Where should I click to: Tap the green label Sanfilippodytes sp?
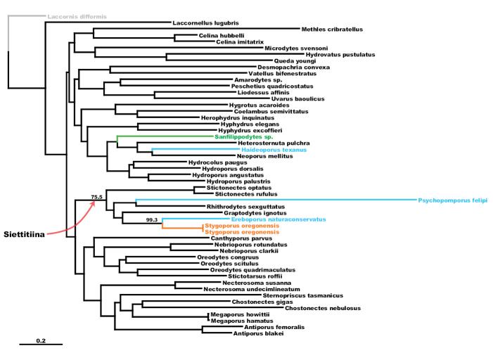tap(244, 137)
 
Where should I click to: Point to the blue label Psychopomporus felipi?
tap(453, 200)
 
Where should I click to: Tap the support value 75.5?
tap(97, 197)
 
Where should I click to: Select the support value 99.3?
tap(150, 220)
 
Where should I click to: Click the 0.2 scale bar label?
tap(41, 340)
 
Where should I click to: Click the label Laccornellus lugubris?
tap(206, 23)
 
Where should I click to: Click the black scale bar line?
tap(41, 345)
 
